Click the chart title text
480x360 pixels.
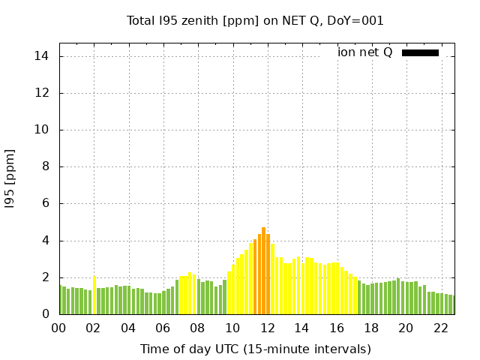(x=255, y=20)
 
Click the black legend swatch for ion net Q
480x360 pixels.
(x=420, y=52)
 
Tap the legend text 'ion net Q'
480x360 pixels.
(x=365, y=52)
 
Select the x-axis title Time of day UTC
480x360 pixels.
(x=255, y=349)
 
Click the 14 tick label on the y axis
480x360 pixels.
(x=42, y=56)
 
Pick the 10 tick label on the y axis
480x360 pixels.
(x=42, y=130)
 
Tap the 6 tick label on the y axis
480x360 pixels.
(x=45, y=203)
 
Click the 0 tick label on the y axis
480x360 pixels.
(x=45, y=314)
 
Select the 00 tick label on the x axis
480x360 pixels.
(x=59, y=328)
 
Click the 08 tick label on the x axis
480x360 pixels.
(x=198, y=328)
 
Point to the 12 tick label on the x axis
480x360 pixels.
(x=267, y=328)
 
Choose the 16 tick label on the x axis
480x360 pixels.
(x=336, y=328)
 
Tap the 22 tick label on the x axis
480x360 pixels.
(x=440, y=328)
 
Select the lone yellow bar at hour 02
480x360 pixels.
(x=94, y=295)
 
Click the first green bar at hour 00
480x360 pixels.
(x=61, y=300)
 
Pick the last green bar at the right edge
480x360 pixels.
(x=453, y=305)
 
